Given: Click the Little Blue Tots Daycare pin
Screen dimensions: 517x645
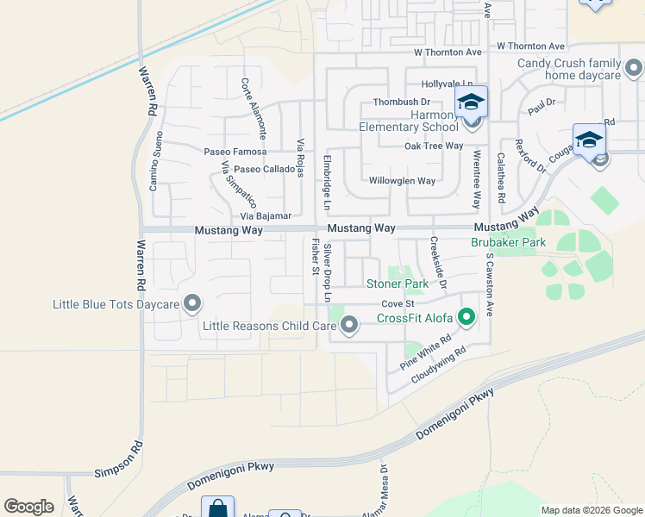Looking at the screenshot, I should pyautogui.click(x=192, y=304).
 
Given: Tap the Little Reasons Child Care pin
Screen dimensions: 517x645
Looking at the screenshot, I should pyautogui.click(x=349, y=326).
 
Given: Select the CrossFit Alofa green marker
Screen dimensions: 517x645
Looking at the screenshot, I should pyautogui.click(x=467, y=319).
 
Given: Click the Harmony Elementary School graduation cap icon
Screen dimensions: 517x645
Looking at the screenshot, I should pyautogui.click(x=471, y=102).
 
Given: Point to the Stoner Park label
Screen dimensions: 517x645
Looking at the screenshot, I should pyautogui.click(x=398, y=283).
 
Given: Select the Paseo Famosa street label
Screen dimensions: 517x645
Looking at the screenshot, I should pyautogui.click(x=229, y=152).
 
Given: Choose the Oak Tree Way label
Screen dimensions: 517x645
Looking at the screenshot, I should pyautogui.click(x=435, y=146).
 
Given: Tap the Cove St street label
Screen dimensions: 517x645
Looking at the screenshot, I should pyautogui.click(x=398, y=303).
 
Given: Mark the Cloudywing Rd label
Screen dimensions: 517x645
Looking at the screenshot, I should pyautogui.click(x=439, y=364).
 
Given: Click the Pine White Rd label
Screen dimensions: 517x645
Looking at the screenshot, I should pyautogui.click(x=426, y=353).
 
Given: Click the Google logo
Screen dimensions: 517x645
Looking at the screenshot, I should pyautogui.click(x=28, y=507).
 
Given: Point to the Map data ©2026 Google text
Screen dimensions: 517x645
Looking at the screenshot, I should pyautogui.click(x=592, y=510).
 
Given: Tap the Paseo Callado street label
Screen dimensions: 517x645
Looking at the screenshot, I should pyautogui.click(x=265, y=169).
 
